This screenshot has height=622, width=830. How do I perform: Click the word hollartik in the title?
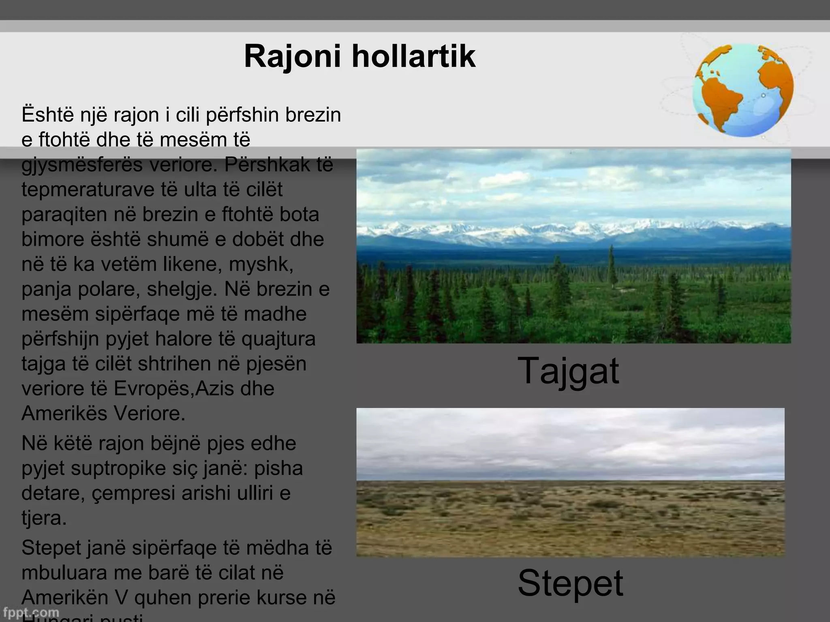(413, 56)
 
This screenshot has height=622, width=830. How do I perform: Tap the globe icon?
(743, 90)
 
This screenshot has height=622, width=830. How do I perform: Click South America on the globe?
(719, 101)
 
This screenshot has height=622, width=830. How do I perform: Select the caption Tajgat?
(568, 371)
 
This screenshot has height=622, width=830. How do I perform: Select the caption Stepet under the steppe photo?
(570, 583)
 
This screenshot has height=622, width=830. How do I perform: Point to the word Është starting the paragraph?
(47, 115)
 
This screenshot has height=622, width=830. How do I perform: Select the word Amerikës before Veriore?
(64, 414)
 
